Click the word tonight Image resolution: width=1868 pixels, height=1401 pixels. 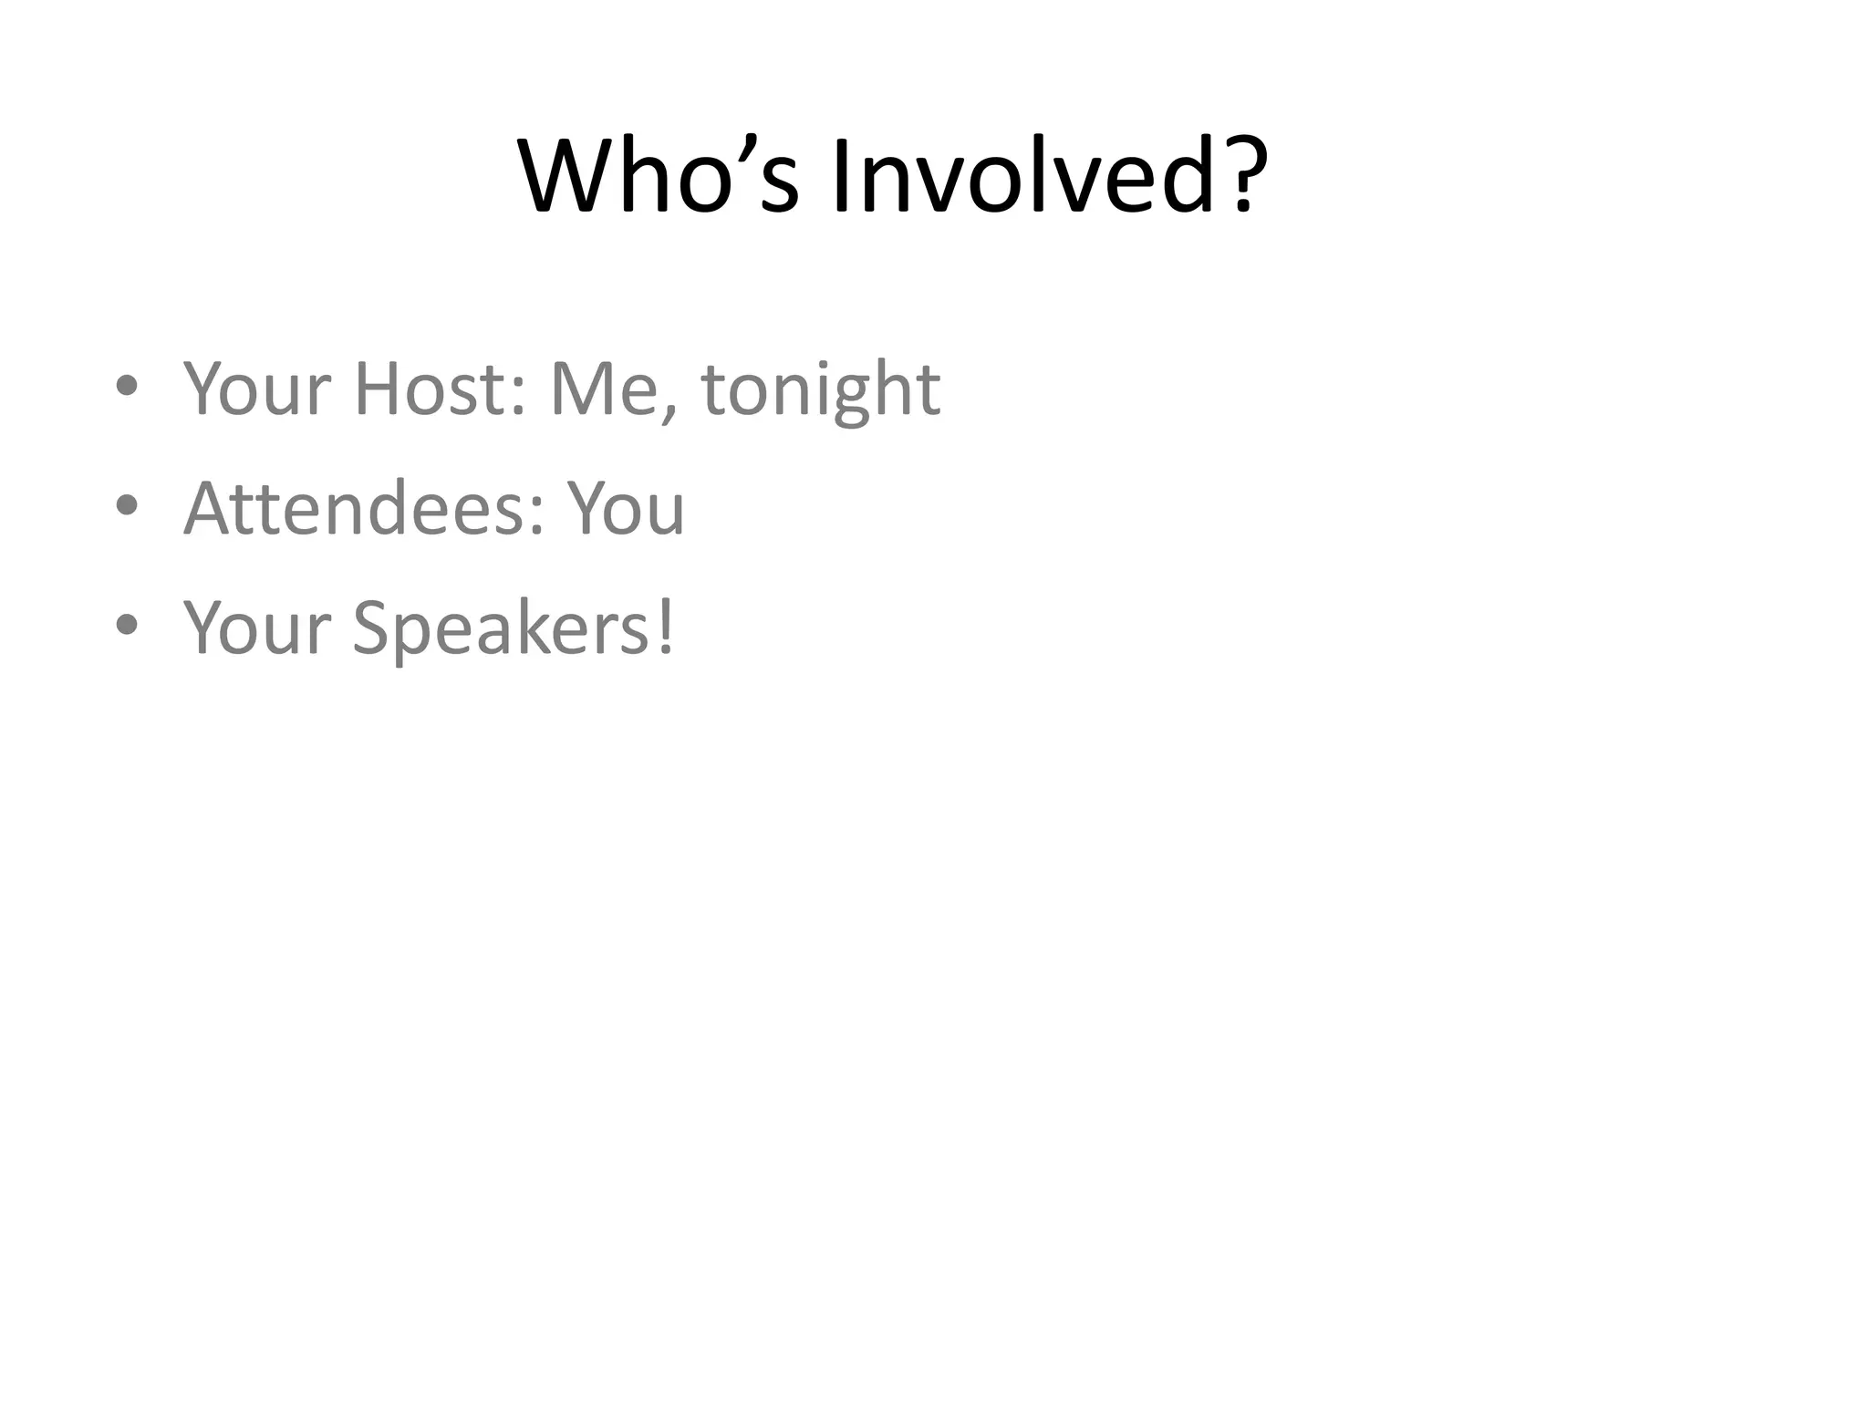pyautogui.click(x=820, y=390)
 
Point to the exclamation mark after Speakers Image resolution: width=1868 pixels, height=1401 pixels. pyautogui.click(x=666, y=628)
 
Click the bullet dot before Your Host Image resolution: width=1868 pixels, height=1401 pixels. pyautogui.click(x=128, y=386)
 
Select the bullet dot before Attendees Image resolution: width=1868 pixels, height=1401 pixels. pyautogui.click(x=128, y=505)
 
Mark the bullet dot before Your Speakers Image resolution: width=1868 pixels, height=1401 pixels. pyautogui.click(x=128, y=626)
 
